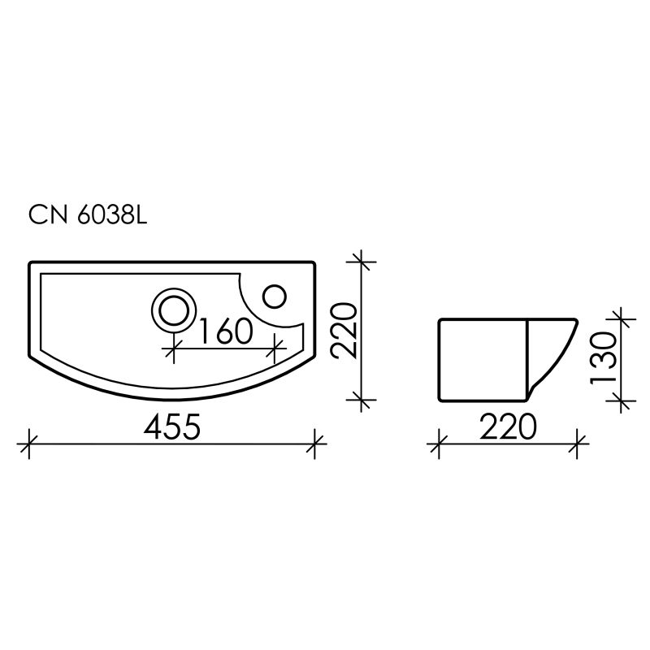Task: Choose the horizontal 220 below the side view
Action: [508, 426]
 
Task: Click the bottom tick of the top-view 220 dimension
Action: [362, 400]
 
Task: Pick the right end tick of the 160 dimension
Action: [276, 351]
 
